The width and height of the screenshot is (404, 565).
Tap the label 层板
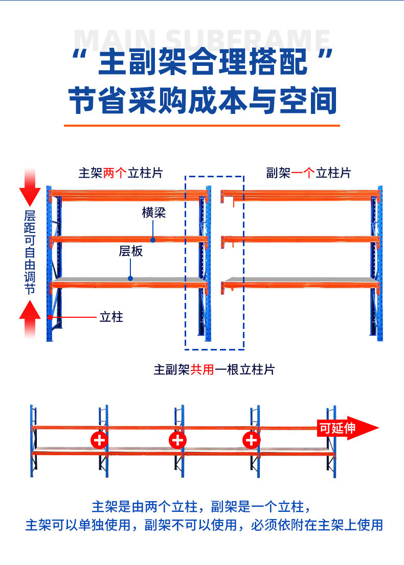coord(130,251)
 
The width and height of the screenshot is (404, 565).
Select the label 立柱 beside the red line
coord(111,317)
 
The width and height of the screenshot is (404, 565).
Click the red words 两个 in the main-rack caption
coord(115,173)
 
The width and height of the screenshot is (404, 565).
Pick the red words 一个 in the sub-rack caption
coord(303,173)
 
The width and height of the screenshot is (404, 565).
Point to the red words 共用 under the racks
coord(202,369)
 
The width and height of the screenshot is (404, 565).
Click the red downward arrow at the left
coord(30,192)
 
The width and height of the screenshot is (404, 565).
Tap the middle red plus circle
coord(177,439)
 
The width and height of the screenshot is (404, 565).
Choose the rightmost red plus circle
coord(251,439)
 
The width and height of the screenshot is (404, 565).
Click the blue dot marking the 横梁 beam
coord(152,239)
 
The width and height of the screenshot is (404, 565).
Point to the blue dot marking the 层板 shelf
coord(130,278)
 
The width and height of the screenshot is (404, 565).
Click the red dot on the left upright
coord(50,317)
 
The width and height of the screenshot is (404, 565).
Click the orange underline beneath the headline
coord(201,125)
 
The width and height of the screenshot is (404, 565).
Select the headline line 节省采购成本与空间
coord(203,100)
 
